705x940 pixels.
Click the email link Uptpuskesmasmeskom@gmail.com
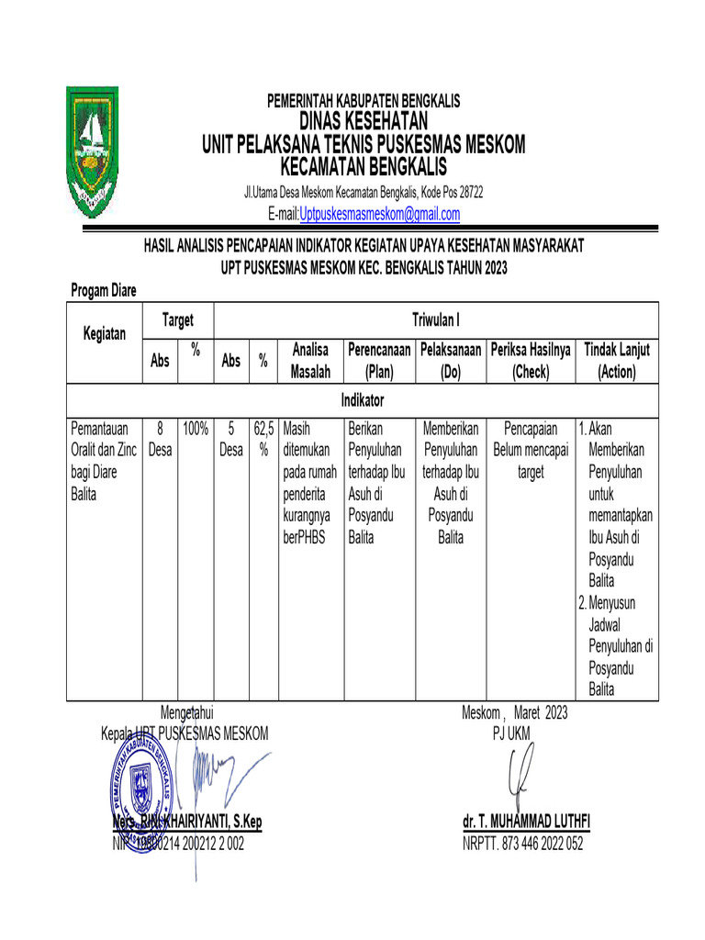(379, 215)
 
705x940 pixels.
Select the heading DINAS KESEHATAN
(364, 122)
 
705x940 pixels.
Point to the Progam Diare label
(104, 290)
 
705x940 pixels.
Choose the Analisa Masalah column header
(310, 361)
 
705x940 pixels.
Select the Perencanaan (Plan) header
(379, 361)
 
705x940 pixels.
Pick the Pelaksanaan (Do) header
(450, 361)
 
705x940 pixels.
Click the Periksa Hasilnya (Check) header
(531, 361)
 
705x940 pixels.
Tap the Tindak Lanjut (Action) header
(617, 361)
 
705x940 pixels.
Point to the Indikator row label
(363, 401)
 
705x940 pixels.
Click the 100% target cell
(196, 428)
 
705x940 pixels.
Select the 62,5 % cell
(263, 439)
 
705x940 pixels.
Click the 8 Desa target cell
(160, 439)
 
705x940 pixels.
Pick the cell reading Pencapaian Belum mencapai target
(531, 450)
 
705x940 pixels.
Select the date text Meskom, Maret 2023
(514, 712)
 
